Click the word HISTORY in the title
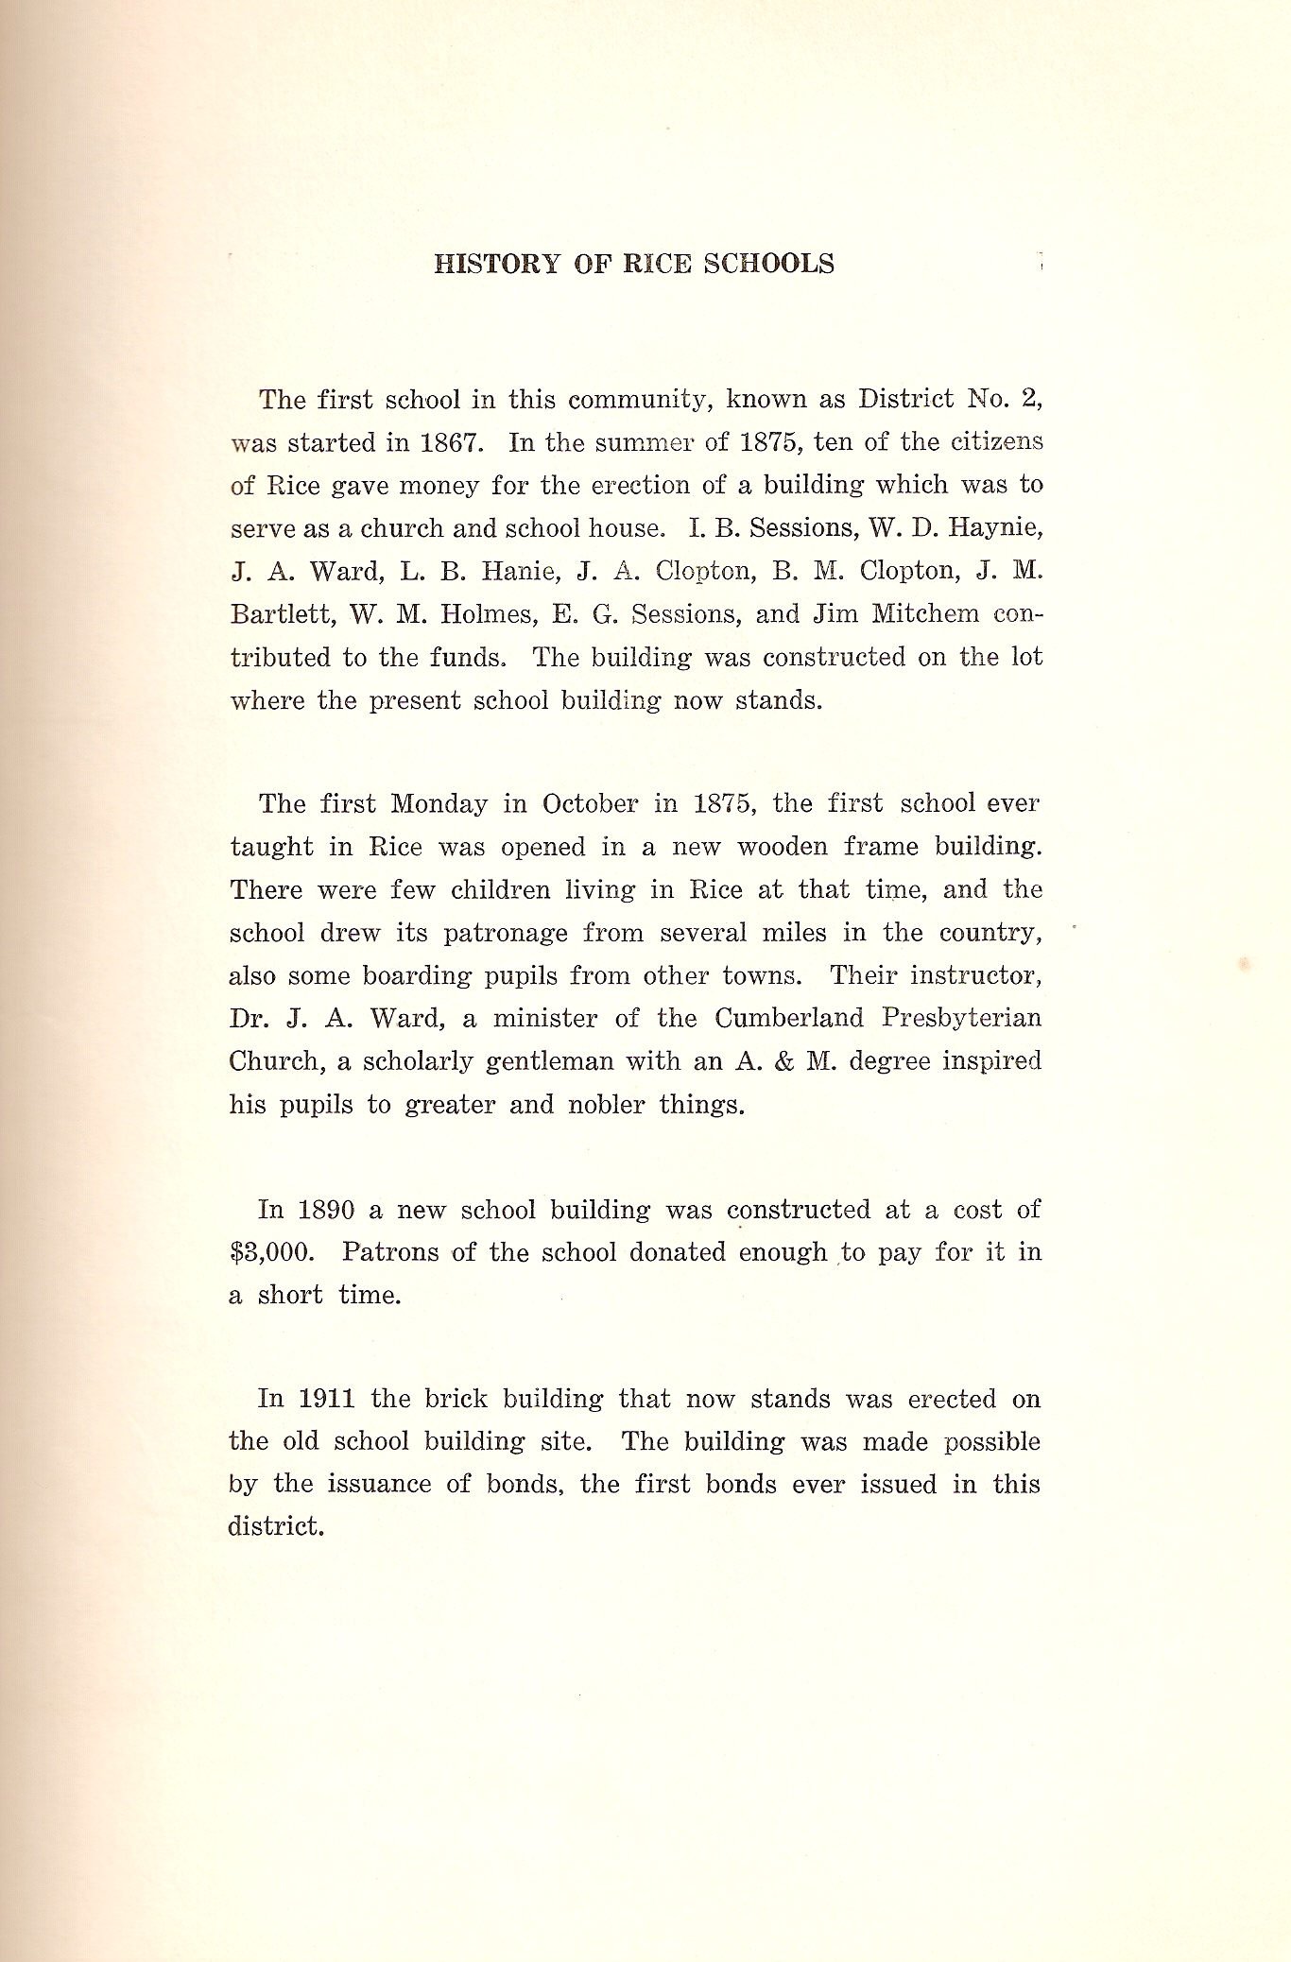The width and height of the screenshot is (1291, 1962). click(497, 264)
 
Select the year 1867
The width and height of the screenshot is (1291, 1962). click(447, 442)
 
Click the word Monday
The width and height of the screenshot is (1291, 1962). click(439, 804)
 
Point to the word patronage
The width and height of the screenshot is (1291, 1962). click(506, 934)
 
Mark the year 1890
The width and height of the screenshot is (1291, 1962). click(326, 1211)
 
